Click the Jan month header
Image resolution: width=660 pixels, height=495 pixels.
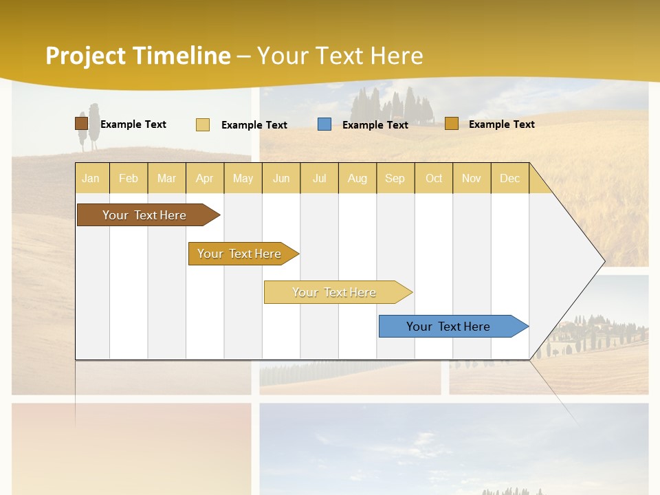point(91,178)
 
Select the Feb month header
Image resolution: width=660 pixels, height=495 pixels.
point(129,178)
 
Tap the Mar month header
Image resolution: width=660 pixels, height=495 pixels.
point(166,178)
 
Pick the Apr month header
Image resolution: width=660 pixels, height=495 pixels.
point(204,178)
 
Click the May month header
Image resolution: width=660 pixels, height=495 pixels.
point(243,178)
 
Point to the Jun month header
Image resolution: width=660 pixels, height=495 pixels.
point(281,178)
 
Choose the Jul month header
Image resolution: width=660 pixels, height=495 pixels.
point(319,178)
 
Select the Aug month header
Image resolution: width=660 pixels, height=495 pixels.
point(357,178)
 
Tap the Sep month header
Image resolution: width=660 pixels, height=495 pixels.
point(395,178)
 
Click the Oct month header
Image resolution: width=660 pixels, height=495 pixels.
point(434,178)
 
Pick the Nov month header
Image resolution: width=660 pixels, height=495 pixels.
point(472,178)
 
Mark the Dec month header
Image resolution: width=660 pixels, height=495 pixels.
point(509,178)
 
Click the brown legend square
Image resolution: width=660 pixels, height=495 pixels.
point(81,124)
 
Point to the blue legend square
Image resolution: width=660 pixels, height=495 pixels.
point(324,124)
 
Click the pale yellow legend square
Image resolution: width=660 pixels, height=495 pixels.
point(203,124)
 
